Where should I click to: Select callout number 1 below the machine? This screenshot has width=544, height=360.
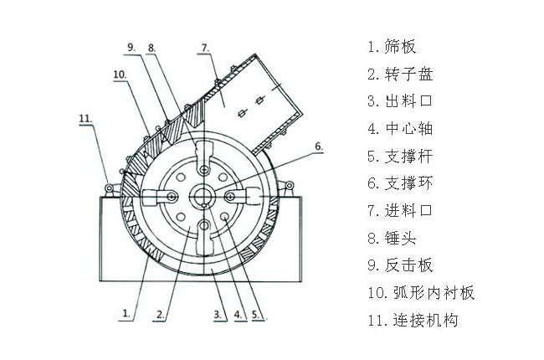point(125,316)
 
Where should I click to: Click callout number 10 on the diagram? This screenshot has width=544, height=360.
point(119,75)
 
